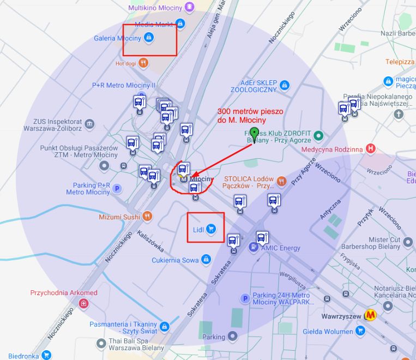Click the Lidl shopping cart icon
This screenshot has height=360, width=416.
pyautogui.click(x=212, y=229)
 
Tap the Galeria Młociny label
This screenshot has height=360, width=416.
pyautogui.click(x=117, y=38)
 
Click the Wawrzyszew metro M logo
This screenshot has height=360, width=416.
pyautogui.click(x=371, y=315)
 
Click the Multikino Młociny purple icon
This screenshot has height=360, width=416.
pyautogui.click(x=189, y=7)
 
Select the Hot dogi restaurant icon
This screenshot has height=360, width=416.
pyautogui.click(x=143, y=63)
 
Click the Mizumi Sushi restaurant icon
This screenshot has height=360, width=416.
pyautogui.click(x=147, y=217)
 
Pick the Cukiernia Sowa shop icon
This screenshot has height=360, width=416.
pyautogui.click(x=206, y=260)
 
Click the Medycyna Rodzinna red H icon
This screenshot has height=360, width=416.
pyautogui.click(x=371, y=148)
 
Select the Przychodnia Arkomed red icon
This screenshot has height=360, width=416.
pyautogui.click(x=83, y=303)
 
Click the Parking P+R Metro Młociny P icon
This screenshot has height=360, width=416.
pyautogui.click(x=117, y=188)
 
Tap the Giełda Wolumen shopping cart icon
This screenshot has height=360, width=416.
pyautogui.click(x=360, y=331)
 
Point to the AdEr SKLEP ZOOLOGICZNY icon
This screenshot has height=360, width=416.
pyautogui.click(x=284, y=85)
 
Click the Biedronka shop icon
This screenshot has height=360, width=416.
pyautogui.click(x=46, y=356)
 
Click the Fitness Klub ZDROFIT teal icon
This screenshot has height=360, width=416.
pyautogui.click(x=319, y=135)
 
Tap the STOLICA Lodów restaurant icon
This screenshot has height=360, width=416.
pyautogui.click(x=281, y=181)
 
